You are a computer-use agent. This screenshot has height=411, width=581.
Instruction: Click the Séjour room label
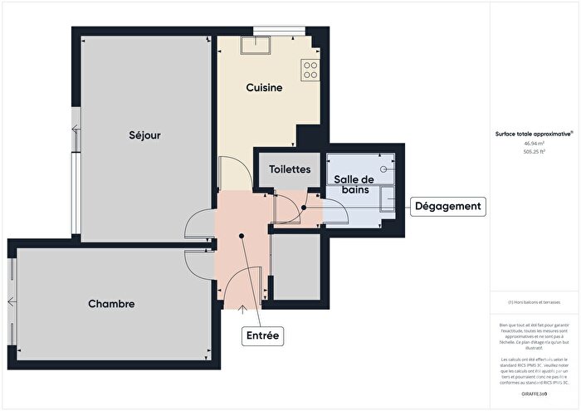[x=144, y=135]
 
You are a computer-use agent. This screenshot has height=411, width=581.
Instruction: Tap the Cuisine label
[x=265, y=87]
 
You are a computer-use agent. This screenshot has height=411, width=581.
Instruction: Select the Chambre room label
[x=111, y=304]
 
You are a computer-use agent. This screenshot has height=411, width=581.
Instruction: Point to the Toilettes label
[x=290, y=169]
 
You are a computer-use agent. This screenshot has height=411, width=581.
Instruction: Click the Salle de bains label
[x=354, y=185]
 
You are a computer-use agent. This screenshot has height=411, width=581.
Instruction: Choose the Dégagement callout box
[x=447, y=206]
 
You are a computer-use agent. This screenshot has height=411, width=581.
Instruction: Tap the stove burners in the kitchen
[x=310, y=70]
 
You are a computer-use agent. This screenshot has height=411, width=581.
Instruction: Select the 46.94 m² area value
[x=534, y=142]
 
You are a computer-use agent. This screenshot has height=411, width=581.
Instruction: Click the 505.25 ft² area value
[x=534, y=151]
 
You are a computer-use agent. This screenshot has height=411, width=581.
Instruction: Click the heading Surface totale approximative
[x=534, y=133]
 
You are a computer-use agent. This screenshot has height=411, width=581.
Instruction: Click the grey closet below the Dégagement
[x=296, y=267]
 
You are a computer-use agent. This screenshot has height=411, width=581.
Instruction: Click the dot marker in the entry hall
[x=242, y=236]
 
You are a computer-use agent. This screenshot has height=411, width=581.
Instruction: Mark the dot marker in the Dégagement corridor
[x=305, y=208]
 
